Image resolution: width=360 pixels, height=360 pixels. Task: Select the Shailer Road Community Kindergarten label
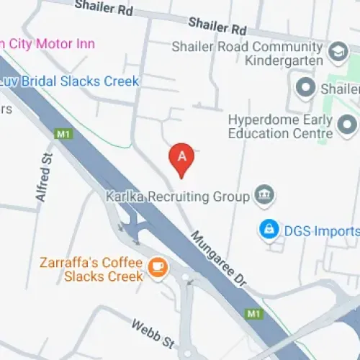tap(250, 53)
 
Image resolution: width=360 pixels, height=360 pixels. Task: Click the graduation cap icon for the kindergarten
tap(336, 52)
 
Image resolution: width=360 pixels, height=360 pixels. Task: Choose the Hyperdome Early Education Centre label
tap(280, 126)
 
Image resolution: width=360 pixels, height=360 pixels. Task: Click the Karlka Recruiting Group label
tap(177, 196)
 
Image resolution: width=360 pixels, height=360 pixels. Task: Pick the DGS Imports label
tap(319, 231)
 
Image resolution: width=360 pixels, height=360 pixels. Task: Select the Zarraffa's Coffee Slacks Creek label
tap(102, 269)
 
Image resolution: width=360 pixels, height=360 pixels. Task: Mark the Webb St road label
tap(153, 335)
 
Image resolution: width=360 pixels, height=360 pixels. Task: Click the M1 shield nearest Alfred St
tap(63, 134)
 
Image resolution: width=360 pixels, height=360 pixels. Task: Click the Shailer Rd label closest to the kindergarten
tap(218, 27)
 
